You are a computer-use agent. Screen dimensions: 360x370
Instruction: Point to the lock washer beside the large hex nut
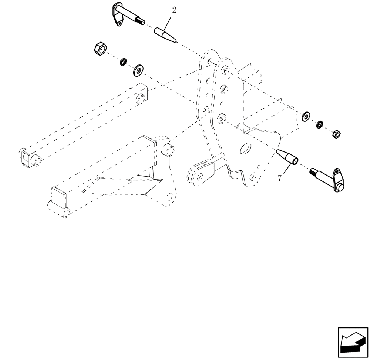(123, 62)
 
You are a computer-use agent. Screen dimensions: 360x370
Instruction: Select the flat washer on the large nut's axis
(139, 70)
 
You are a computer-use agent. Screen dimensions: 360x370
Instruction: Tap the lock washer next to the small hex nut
(319, 125)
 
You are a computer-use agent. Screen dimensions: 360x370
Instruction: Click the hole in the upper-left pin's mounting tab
(120, 24)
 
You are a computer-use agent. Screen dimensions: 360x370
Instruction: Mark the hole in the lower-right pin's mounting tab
(337, 172)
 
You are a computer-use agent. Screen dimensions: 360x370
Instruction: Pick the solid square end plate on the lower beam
(59, 197)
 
